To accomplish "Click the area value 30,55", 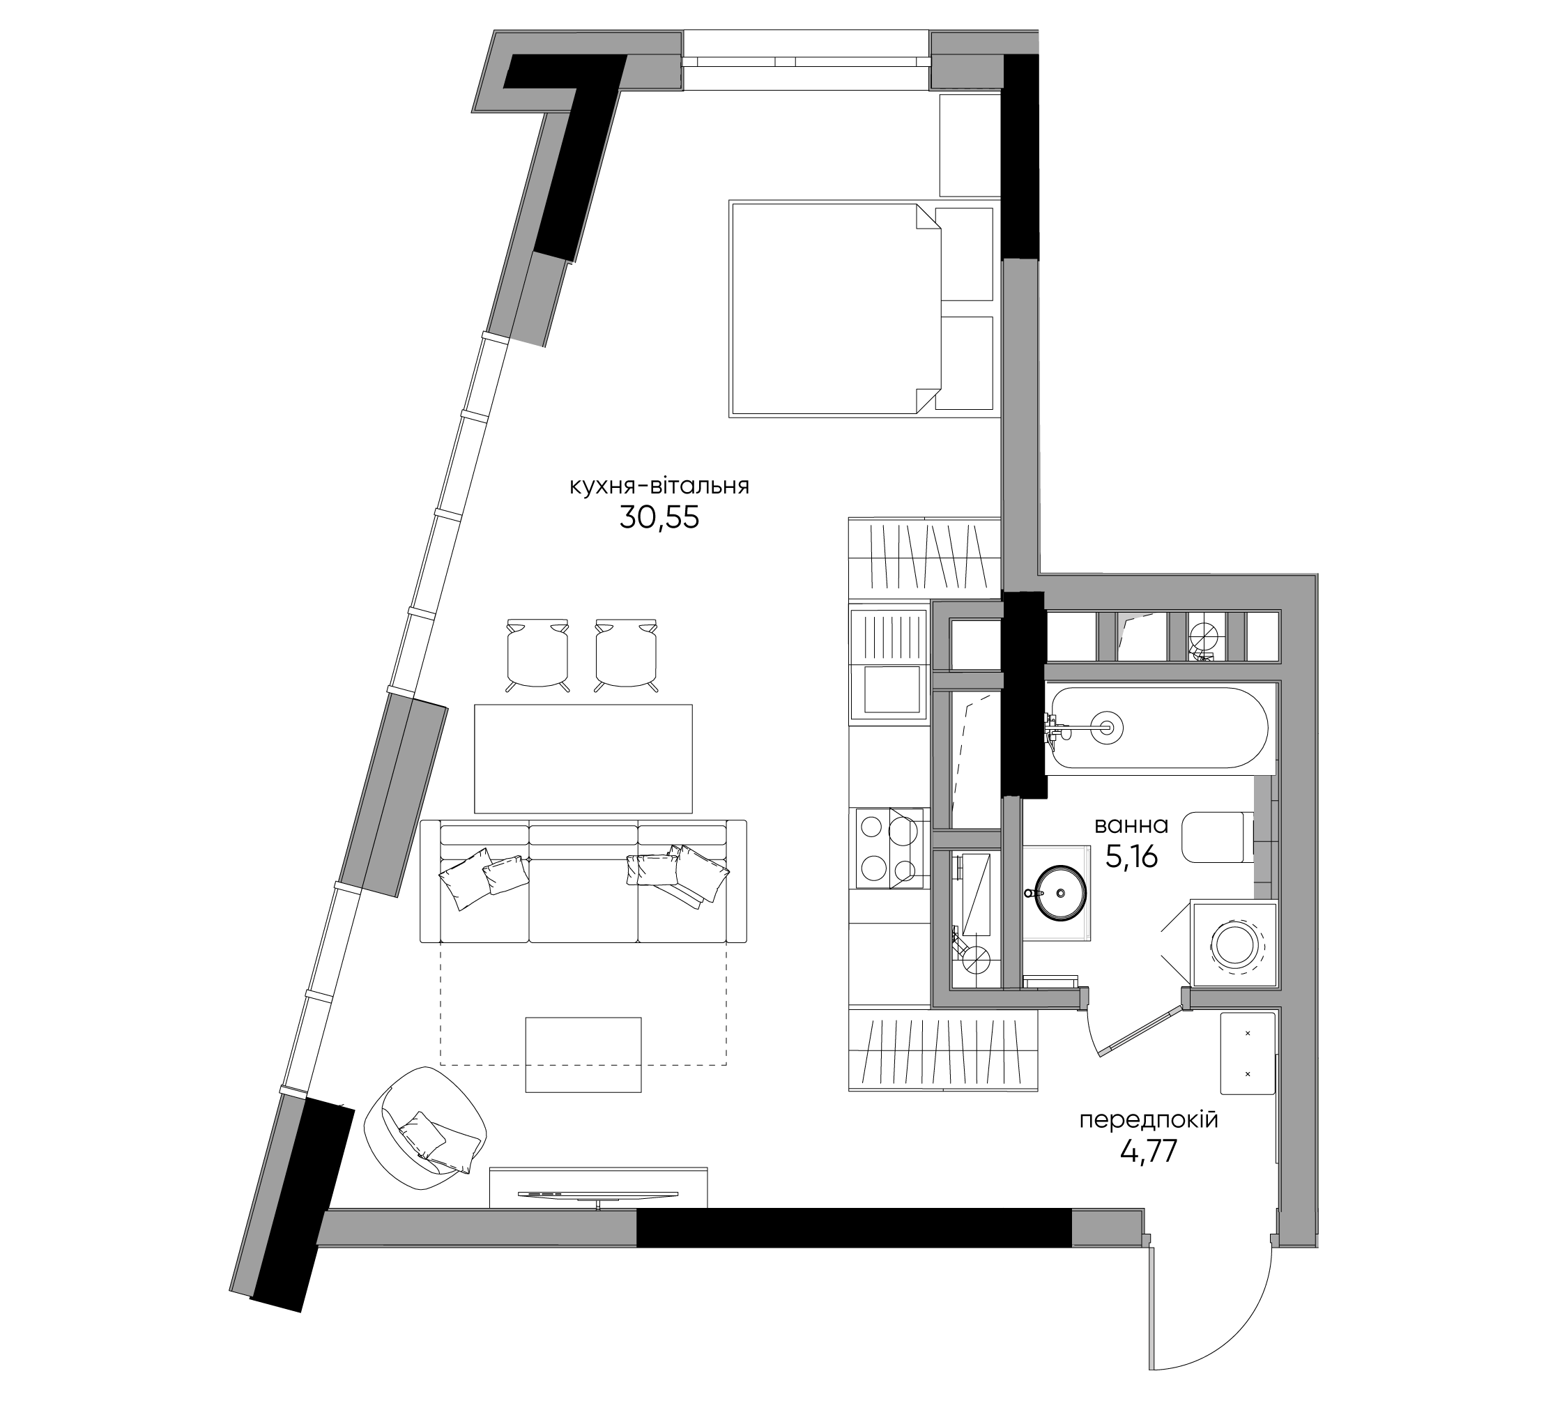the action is pyautogui.click(x=659, y=519).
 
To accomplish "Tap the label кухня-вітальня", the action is pyautogui.click(x=659, y=487).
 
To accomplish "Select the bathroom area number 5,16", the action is pyautogui.click(x=1131, y=856).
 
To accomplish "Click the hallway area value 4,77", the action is pyautogui.click(x=1149, y=1151).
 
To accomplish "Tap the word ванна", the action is pyautogui.click(x=1131, y=826).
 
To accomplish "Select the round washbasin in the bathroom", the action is pyautogui.click(x=1061, y=891).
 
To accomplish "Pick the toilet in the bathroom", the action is pyautogui.click(x=1218, y=837).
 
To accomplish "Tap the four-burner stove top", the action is pyautogui.click(x=889, y=848).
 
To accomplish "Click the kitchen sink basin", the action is pyautogui.click(x=891, y=689).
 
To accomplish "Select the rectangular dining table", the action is pyautogui.click(x=583, y=759).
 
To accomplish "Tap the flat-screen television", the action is pyautogui.click(x=598, y=1195).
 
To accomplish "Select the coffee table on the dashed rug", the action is pyautogui.click(x=583, y=1055).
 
